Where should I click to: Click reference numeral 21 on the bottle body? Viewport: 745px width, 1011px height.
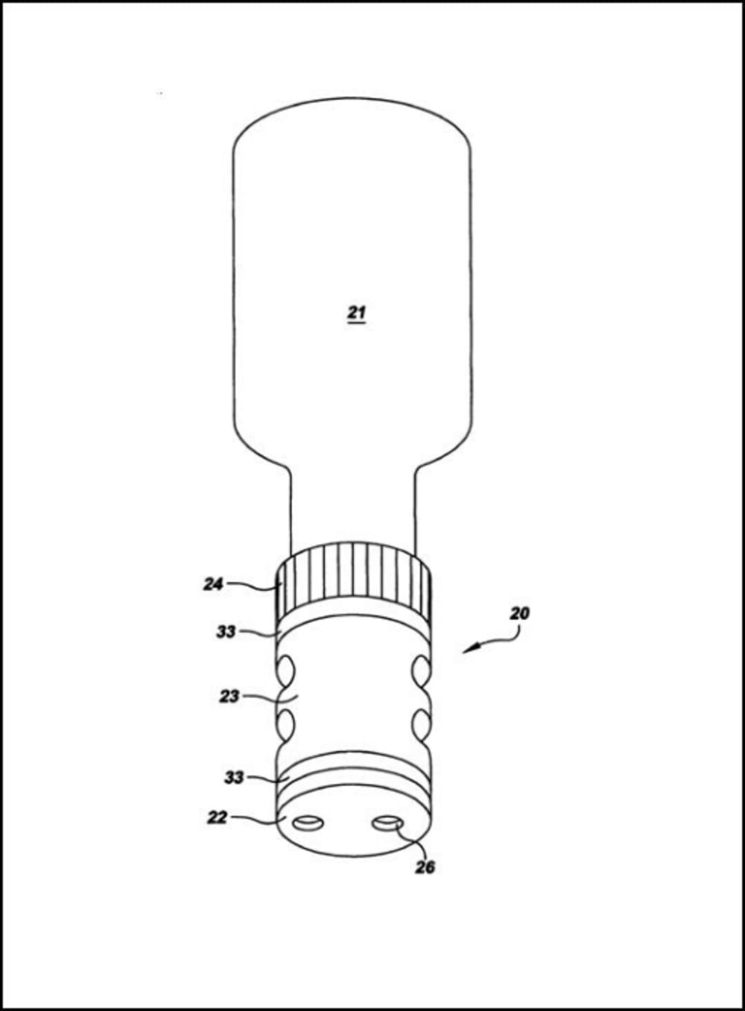357,313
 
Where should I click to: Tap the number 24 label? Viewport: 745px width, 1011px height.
213,585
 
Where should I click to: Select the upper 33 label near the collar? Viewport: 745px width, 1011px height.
226,632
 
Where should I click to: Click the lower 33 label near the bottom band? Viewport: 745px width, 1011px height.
234,777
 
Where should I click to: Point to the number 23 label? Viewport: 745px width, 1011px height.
229,697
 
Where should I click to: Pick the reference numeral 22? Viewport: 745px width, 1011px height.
216,817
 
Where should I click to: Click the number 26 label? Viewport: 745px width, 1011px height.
425,867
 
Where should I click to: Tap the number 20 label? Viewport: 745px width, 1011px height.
519,614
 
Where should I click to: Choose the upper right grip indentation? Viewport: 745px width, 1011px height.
420,670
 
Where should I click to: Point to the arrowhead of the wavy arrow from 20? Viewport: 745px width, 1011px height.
466,652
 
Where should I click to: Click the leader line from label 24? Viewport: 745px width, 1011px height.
253,586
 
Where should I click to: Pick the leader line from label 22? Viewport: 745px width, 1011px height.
257,820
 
